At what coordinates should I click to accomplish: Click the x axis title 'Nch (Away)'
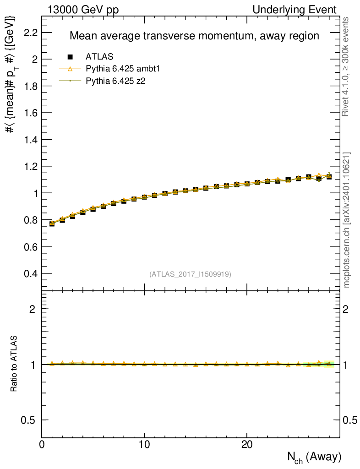pos(314,457)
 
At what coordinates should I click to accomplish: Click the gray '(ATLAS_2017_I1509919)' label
pos(190,274)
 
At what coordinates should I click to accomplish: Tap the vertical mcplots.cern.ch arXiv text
pos(347,220)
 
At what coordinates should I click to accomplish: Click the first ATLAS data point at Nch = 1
pos(52,224)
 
